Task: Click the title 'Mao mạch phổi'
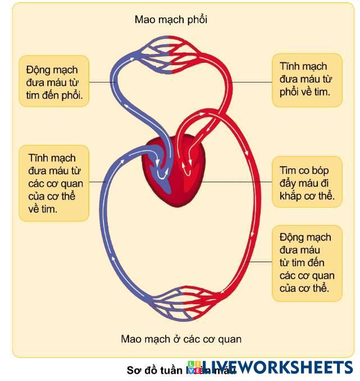click(x=171, y=20)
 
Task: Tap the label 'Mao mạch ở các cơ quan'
click(x=181, y=339)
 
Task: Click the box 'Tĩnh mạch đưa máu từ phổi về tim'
click(x=307, y=79)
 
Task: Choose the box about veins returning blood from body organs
click(x=54, y=183)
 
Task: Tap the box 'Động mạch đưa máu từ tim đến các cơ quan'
click(x=307, y=263)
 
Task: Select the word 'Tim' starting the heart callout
click(x=288, y=169)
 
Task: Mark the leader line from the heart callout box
click(x=236, y=182)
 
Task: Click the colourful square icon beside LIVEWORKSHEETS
click(x=194, y=368)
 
